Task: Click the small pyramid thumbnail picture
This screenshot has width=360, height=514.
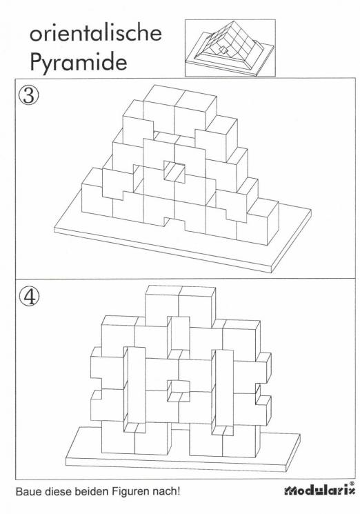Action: coord(230,48)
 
